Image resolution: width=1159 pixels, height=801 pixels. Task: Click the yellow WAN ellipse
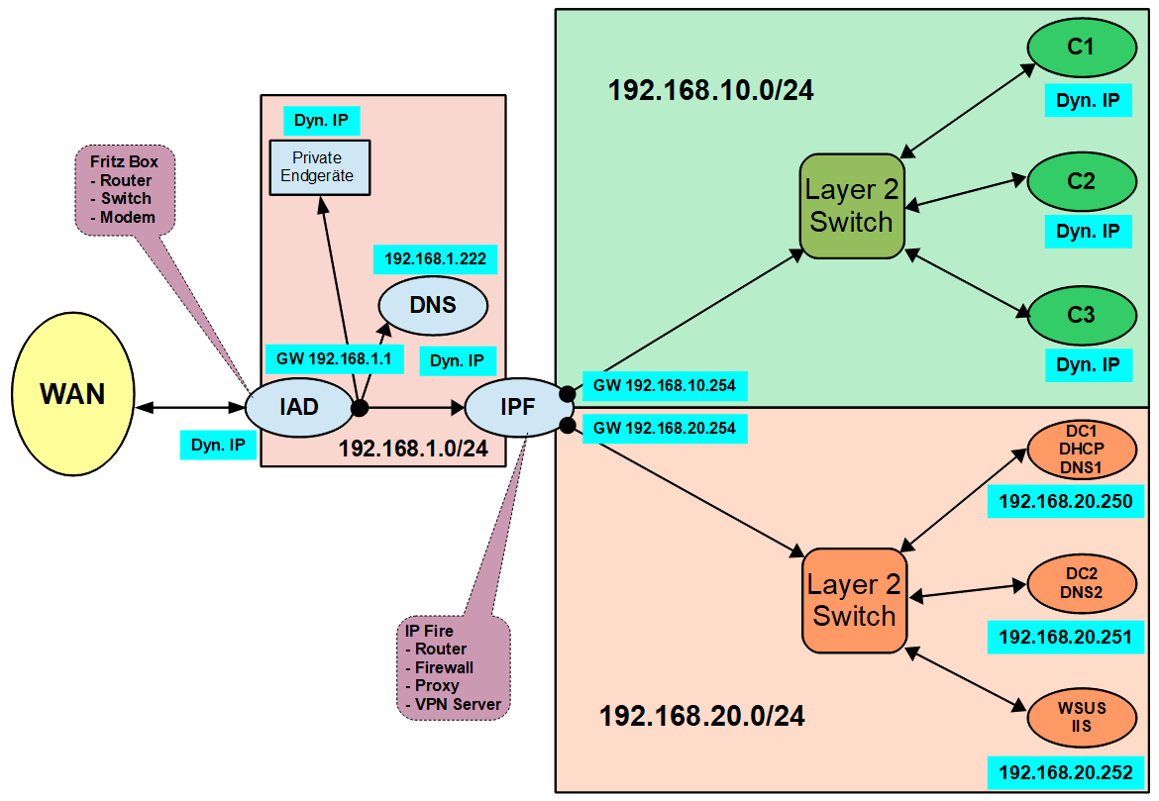coord(72,394)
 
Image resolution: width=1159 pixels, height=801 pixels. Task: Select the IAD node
coord(298,406)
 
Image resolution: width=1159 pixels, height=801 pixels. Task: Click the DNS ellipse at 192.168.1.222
coord(433,304)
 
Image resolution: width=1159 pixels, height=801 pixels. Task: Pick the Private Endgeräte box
coord(318,166)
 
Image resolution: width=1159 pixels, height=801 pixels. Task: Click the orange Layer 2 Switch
coord(854,600)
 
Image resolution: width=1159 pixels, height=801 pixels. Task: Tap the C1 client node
coord(1081,46)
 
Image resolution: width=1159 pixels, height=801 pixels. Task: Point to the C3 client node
coord(1081,316)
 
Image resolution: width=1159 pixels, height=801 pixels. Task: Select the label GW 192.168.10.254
coord(664,385)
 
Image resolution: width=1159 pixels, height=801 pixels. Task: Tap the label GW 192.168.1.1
coord(334,358)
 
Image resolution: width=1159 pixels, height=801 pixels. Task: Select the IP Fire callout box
coord(453,667)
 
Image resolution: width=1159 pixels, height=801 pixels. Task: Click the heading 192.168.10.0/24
coord(710,91)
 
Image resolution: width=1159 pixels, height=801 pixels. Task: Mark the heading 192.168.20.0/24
coord(701,716)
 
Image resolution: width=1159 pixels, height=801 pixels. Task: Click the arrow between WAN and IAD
coord(189,407)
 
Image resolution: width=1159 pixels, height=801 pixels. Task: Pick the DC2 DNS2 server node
coord(1081,583)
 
